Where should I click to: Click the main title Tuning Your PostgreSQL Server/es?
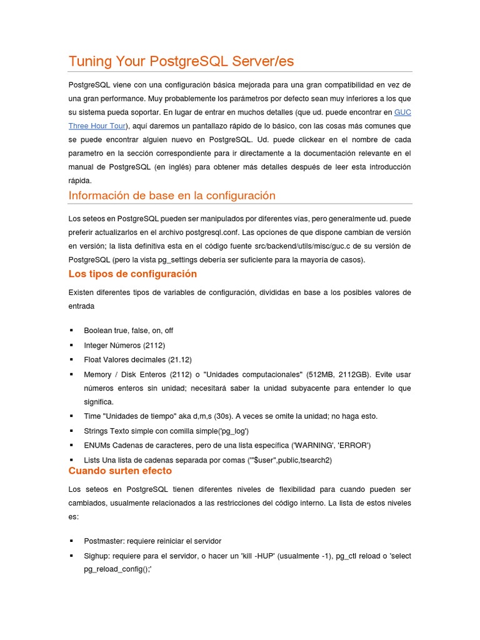tap(181, 61)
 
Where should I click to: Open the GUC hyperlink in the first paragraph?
tap(402, 112)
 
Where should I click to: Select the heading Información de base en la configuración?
tap(172, 196)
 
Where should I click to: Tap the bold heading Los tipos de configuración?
tap(132, 274)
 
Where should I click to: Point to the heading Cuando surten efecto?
tap(120, 471)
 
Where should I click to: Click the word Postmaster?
tap(104, 541)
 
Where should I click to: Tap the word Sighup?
tap(96, 556)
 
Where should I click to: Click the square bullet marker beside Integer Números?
tap(71, 345)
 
